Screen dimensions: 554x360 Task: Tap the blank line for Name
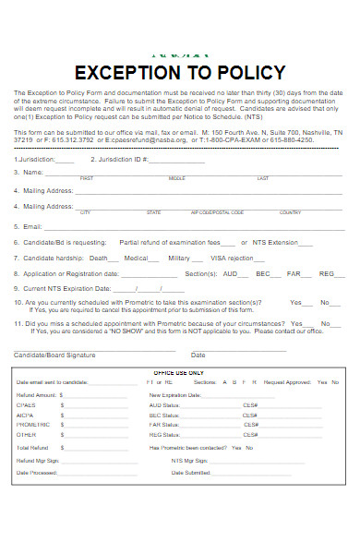[x=185, y=173]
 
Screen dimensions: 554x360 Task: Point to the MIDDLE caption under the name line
[x=176, y=178]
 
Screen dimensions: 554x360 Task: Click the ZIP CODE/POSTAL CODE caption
[x=218, y=211]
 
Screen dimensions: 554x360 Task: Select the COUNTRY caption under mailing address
[x=291, y=211]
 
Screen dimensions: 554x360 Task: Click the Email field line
[x=185, y=226]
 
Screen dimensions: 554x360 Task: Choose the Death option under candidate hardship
[x=99, y=258]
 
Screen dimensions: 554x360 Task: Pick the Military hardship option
[x=179, y=258]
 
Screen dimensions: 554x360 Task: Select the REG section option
[x=327, y=273]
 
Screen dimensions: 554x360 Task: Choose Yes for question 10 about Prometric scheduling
[x=295, y=303]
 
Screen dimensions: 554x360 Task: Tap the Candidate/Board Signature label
[x=54, y=355]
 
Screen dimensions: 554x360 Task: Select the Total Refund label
[x=32, y=447]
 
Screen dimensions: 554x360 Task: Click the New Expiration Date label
[x=174, y=393]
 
